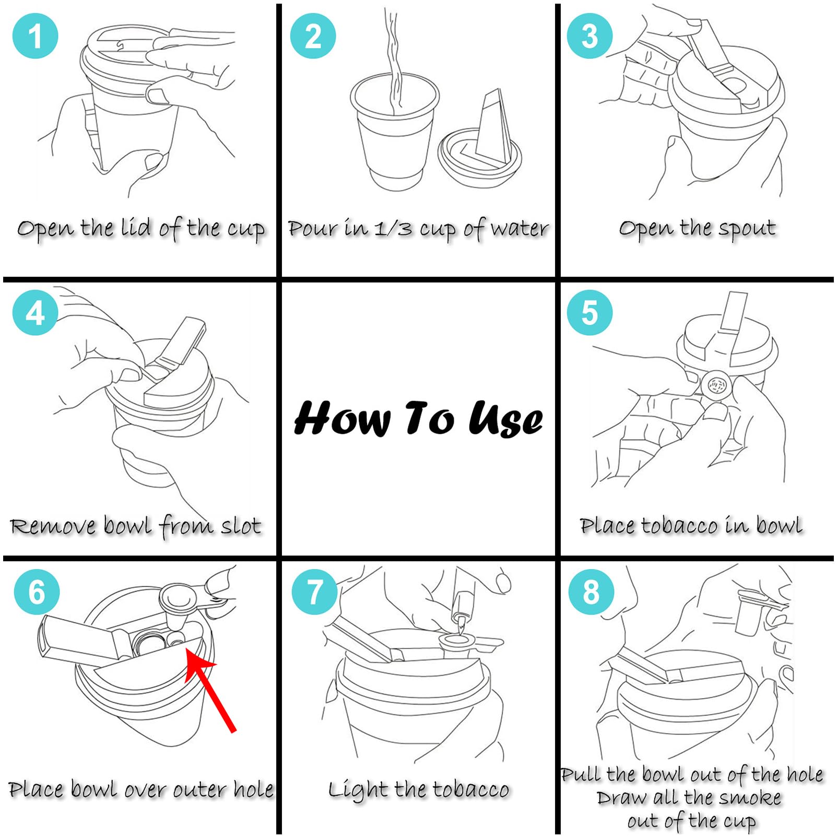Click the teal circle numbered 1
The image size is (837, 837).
tap(35, 36)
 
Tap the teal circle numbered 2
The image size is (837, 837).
tap(313, 36)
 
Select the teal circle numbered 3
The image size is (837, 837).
tap(590, 36)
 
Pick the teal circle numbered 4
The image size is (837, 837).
tap(35, 313)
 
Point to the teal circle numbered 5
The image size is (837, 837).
tap(590, 313)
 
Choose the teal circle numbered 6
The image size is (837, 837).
tap(37, 592)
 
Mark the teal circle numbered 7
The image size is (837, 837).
tap(314, 592)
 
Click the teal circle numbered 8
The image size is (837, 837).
tap(591, 592)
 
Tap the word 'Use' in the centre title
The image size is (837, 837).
tap(505, 419)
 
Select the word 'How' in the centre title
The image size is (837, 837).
tap(342, 418)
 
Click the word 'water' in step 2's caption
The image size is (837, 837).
tap(520, 229)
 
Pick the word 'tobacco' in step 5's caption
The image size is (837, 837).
tap(679, 526)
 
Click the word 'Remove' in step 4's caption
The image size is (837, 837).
tap(53, 526)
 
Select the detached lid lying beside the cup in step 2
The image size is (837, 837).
tap(480, 151)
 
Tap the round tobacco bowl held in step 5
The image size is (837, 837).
tap(716, 385)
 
